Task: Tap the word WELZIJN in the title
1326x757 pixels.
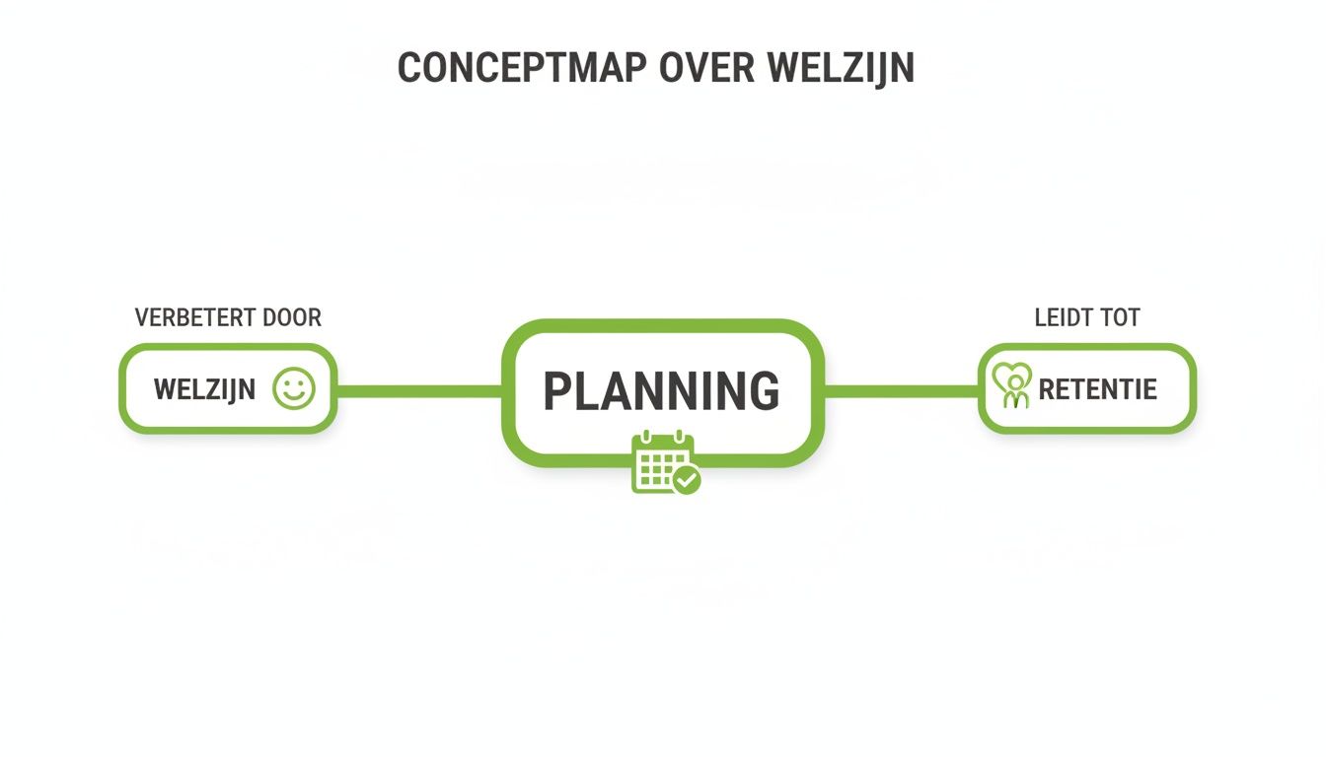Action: pos(840,68)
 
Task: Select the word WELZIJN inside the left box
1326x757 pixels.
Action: pos(204,389)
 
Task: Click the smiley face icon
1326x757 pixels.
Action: pos(293,388)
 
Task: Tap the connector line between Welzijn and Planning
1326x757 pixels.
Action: pos(419,391)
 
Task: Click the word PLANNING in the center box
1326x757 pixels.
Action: pos(661,391)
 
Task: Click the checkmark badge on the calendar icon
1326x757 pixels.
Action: pos(686,480)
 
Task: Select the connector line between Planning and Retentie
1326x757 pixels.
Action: pos(901,391)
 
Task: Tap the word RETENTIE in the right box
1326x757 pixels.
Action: pos(1097,389)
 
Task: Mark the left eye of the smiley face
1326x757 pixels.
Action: pos(286,382)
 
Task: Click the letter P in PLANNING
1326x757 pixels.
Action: pos(557,391)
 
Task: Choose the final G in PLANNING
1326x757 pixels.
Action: pos(761,391)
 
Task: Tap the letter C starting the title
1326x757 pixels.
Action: pos(408,68)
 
